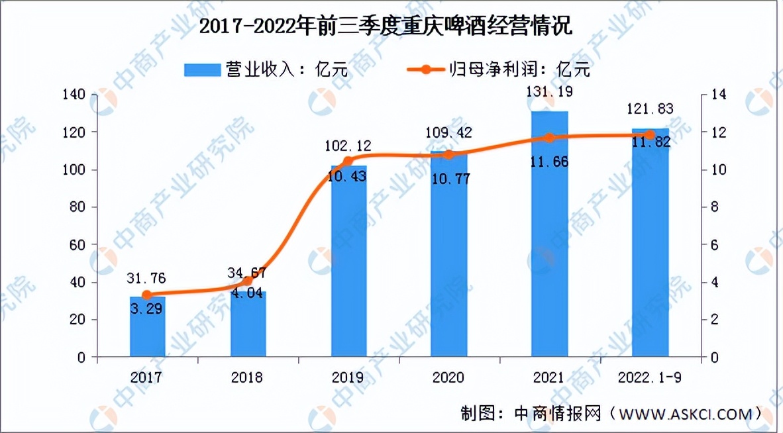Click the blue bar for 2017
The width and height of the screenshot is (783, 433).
tap(147, 327)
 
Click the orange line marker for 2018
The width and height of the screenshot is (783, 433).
tap(248, 281)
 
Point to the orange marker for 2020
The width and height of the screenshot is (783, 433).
tap(448, 154)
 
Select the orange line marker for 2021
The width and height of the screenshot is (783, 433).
tap(549, 138)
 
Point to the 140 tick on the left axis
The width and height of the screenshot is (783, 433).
tap(75, 95)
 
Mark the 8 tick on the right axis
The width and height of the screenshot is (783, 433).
tap(714, 207)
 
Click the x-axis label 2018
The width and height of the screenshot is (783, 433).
tap(248, 378)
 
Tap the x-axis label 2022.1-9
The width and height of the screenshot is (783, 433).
tap(650, 378)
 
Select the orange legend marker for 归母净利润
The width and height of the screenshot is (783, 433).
tap(425, 70)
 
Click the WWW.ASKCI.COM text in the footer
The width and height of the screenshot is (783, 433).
tap(683, 414)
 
